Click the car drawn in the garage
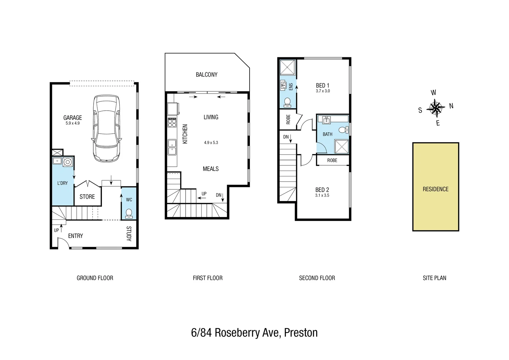tap(106, 128)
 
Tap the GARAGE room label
tap(73, 118)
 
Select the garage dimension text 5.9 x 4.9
tap(73, 123)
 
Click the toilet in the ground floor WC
tap(129, 213)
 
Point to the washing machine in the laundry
tap(68, 162)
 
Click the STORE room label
tap(87, 197)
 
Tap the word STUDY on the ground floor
tap(129, 233)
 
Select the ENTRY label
tap(75, 236)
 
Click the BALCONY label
tap(207, 75)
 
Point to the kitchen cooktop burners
tap(172, 122)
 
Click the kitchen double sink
tap(172, 147)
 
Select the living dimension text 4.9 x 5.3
tap(211, 143)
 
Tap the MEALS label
tap(211, 169)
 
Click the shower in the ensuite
tap(287, 68)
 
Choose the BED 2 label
tap(322, 190)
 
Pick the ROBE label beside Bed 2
tap(332, 160)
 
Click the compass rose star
tap(435, 108)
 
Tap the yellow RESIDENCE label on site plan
tap(435, 189)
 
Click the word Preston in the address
tap(301, 333)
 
